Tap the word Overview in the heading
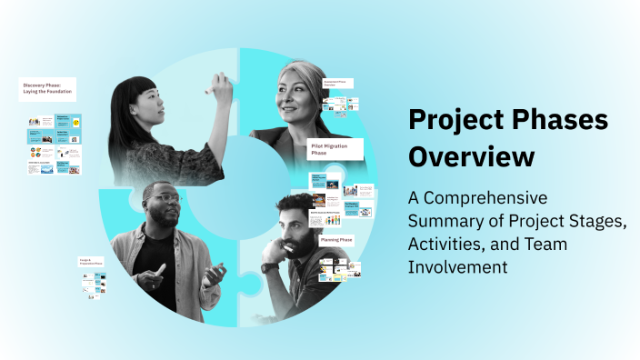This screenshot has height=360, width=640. (x=471, y=156)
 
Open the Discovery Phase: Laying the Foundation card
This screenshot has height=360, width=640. (x=47, y=89)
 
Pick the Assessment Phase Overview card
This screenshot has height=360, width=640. (x=338, y=83)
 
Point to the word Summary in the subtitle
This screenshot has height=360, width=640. (x=447, y=222)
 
